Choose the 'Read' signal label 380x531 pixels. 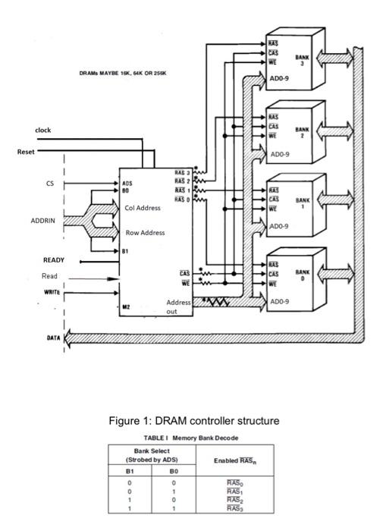49,275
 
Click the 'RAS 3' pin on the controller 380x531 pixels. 181,174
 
